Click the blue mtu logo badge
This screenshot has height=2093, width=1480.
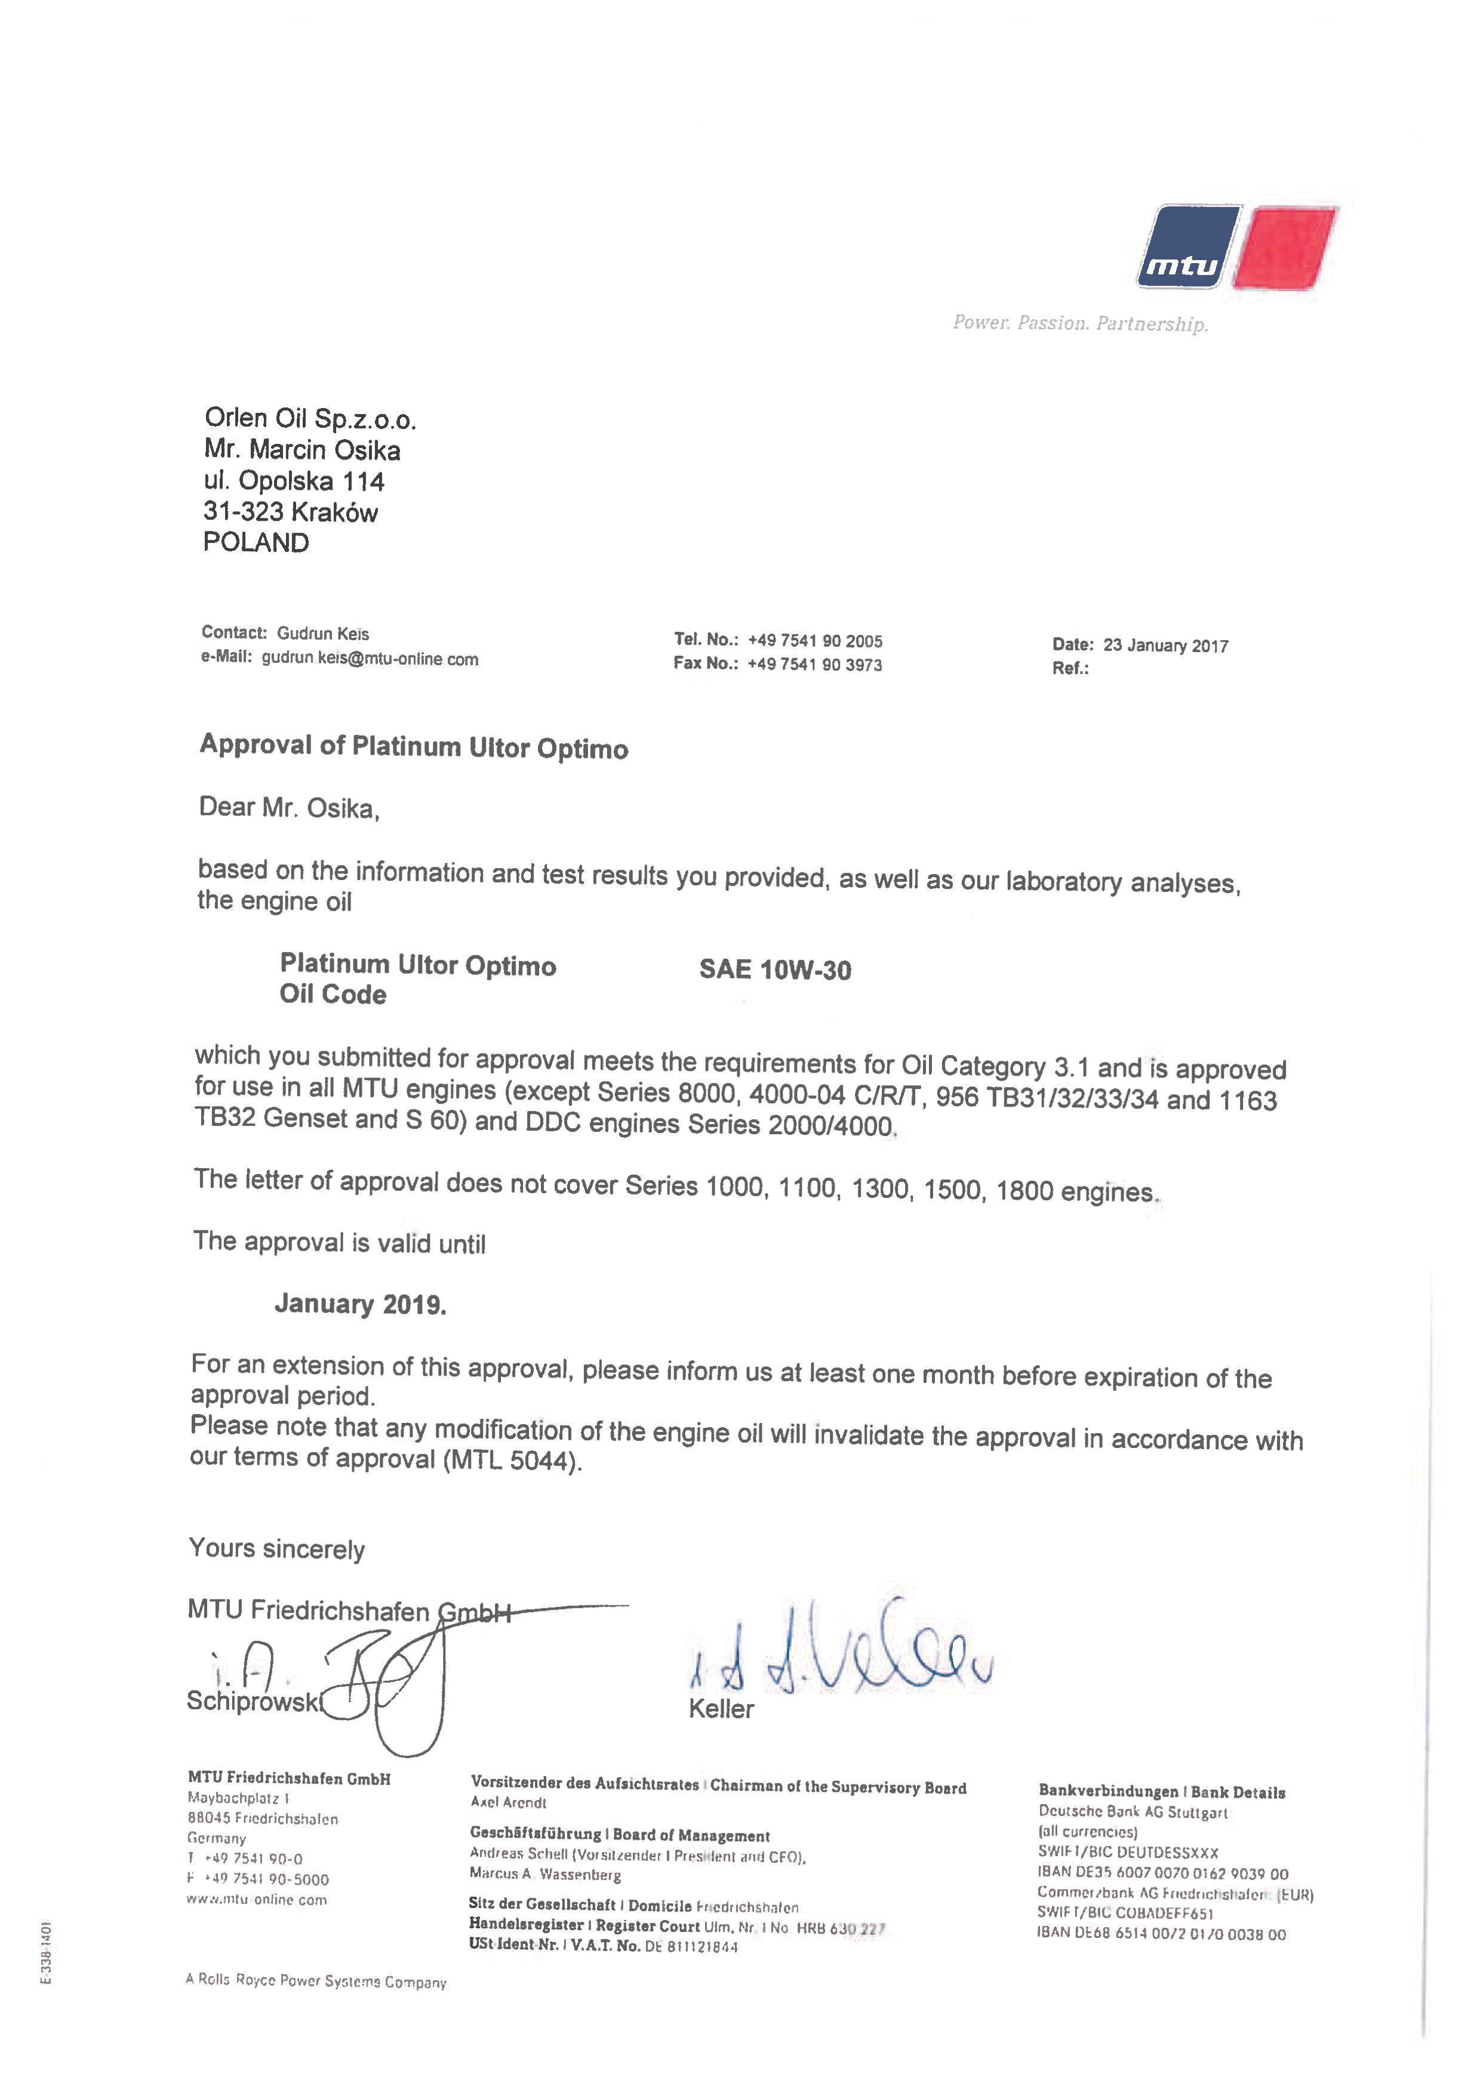tap(1187, 247)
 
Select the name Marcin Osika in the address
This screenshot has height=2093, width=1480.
tap(325, 450)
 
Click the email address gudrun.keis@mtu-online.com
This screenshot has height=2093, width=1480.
tap(370, 659)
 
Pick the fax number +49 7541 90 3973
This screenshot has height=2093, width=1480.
tap(814, 665)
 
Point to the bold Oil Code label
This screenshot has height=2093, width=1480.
tap(333, 995)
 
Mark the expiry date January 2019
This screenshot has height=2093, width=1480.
tap(360, 1304)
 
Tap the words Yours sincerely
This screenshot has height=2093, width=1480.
tap(276, 1549)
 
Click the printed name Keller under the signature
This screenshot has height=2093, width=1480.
tap(721, 1709)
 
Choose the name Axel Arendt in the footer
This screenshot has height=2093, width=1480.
tap(508, 1802)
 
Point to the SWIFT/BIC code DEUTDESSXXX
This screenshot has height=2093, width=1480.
tap(1167, 1853)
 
